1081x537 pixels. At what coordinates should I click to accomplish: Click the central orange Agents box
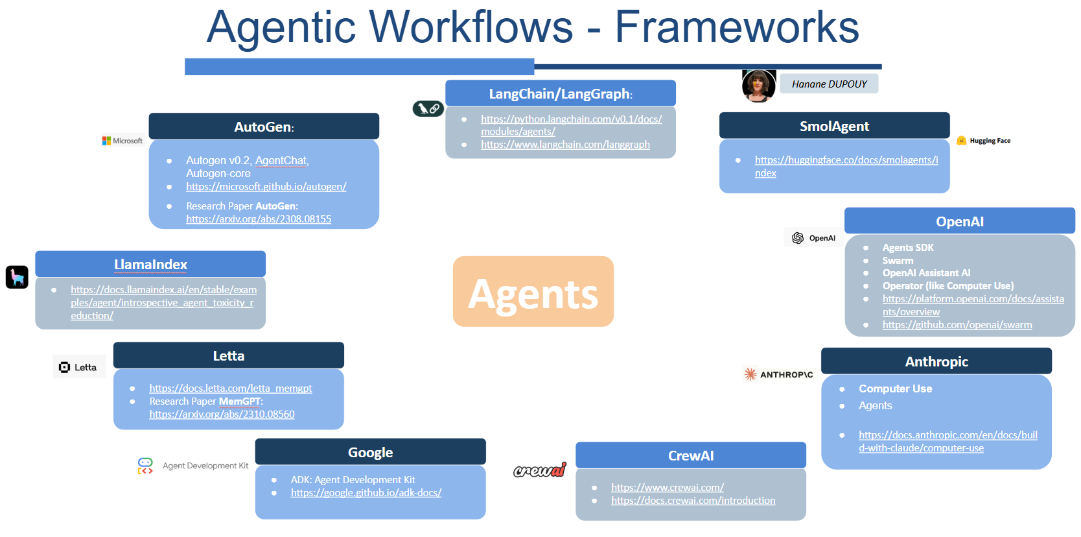533,292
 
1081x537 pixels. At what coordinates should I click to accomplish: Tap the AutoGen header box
264,126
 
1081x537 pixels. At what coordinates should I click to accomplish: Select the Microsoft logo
122,141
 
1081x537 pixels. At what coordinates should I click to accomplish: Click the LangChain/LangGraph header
560,93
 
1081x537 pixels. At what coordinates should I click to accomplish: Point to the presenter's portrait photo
758,86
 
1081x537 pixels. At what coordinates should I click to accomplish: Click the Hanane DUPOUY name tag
829,84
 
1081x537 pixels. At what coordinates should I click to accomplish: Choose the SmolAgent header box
834,126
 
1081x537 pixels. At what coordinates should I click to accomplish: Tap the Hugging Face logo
984,141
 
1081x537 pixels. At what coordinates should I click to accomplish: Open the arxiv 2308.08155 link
259,219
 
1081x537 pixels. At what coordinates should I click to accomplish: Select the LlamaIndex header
150,264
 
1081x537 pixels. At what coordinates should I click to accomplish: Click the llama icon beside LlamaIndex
17,277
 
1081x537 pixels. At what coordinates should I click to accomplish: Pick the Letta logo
78,367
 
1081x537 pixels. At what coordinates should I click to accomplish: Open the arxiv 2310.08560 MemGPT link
222,414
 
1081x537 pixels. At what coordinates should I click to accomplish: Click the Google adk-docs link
366,493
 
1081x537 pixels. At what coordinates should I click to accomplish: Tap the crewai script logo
539,470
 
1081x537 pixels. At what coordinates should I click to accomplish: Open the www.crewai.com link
667,488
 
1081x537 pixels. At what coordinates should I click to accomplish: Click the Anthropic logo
778,374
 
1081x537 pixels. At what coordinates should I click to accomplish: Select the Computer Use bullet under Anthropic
895,388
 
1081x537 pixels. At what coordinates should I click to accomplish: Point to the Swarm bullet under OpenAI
898,261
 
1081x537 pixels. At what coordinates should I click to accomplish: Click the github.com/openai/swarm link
957,325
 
